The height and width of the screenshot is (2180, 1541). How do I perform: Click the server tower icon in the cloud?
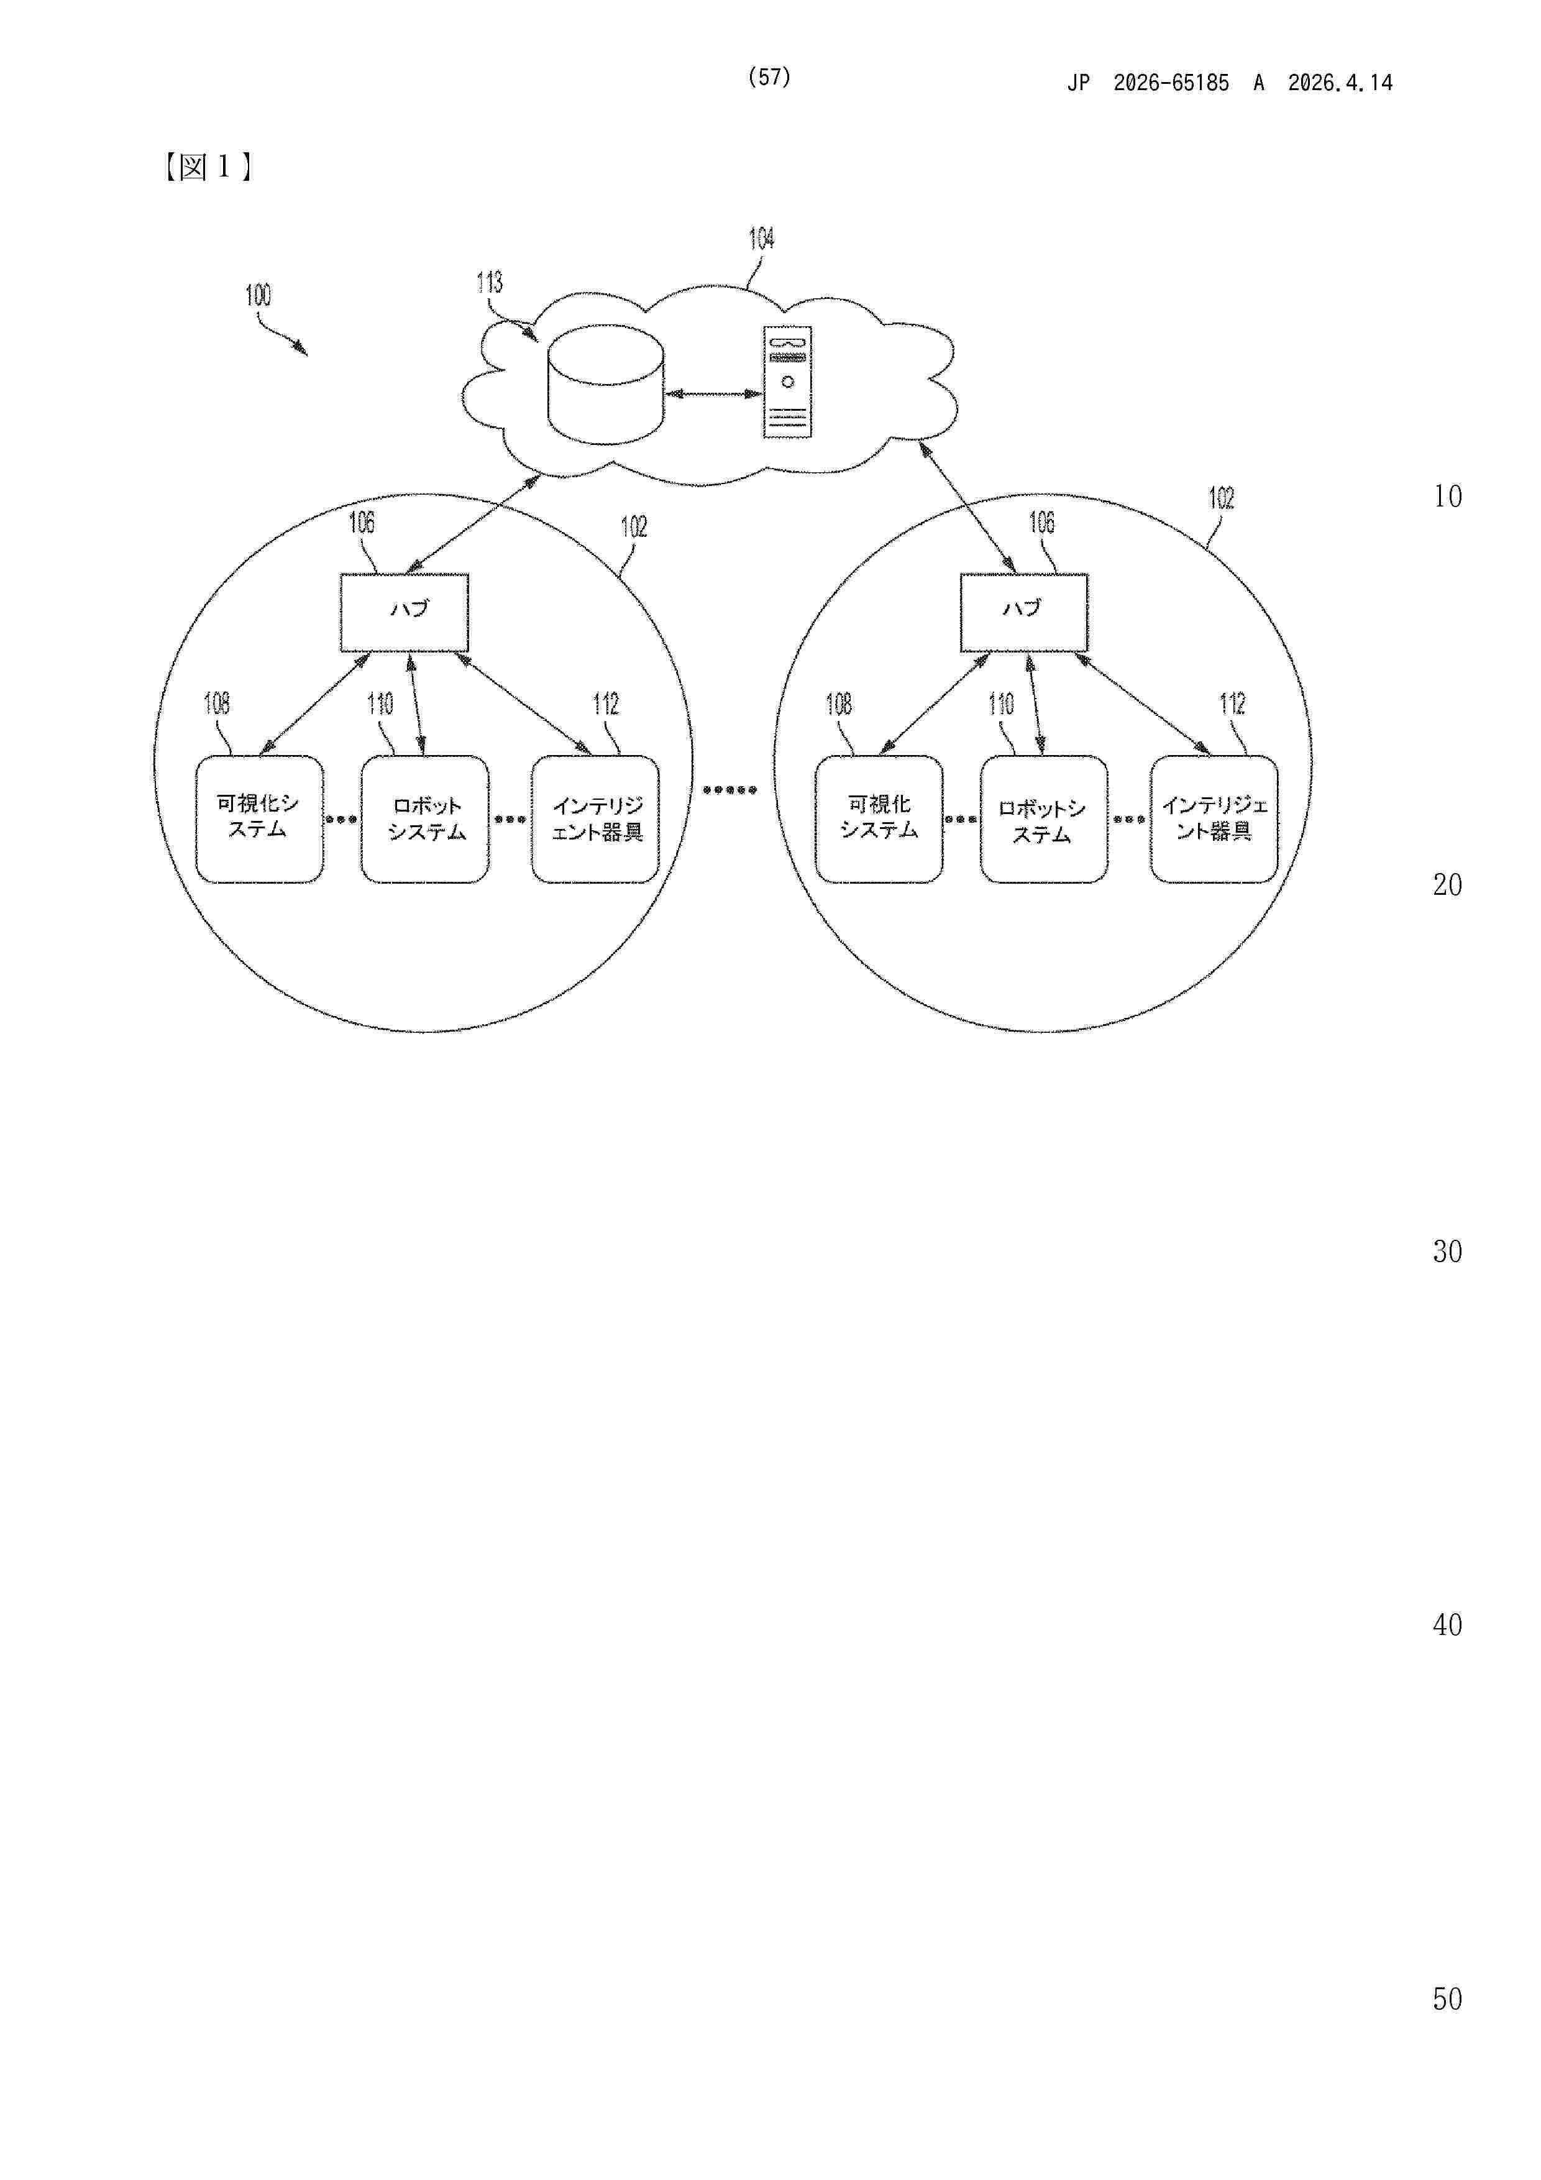click(788, 382)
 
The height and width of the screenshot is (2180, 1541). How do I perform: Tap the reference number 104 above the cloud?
click(761, 238)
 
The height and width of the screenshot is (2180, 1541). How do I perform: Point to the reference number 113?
click(489, 282)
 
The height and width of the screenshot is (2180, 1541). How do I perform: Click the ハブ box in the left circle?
click(405, 612)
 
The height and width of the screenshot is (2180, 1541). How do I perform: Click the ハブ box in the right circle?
click(1025, 612)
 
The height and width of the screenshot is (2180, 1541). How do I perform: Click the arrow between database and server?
click(714, 393)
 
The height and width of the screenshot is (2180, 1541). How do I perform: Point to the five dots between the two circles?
click(729, 789)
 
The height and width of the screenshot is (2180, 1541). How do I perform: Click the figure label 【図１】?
click(207, 167)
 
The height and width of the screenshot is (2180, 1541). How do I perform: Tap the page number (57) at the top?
click(769, 77)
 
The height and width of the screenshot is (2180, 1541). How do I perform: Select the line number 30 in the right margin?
click(1447, 1252)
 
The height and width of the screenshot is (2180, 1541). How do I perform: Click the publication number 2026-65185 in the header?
click(1171, 83)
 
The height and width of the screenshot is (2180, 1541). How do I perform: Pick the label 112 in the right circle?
click(1232, 703)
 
